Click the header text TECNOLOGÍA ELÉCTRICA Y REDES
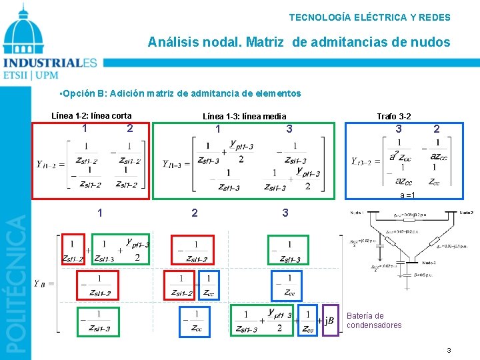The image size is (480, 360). (x=369, y=17)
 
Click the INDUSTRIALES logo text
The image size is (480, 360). (x=50, y=64)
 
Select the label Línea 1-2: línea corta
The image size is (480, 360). (x=91, y=115)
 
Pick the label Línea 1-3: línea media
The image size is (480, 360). (x=244, y=117)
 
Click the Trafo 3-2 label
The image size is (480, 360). (x=393, y=117)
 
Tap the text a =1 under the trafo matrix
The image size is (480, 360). (x=407, y=195)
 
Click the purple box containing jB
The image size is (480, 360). (x=330, y=321)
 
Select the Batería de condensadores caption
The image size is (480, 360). (x=374, y=321)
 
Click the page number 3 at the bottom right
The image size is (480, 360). (x=449, y=350)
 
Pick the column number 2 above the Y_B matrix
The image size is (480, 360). (x=194, y=213)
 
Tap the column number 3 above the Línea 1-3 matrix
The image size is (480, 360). (x=288, y=128)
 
